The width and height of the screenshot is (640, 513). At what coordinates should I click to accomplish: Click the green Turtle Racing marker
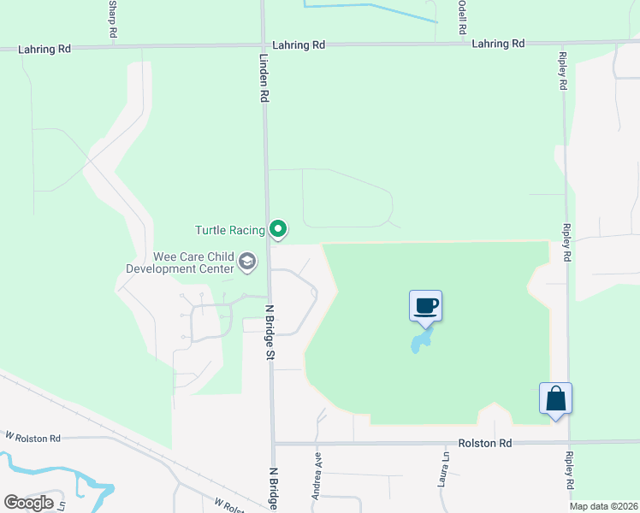(x=277, y=229)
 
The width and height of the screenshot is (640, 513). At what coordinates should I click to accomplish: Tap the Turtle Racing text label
(x=230, y=230)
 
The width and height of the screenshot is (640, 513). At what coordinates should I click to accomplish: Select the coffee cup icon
(x=426, y=305)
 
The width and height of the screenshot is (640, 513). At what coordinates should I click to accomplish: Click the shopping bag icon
(x=555, y=398)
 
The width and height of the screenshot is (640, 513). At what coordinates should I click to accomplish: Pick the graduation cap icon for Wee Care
(x=247, y=262)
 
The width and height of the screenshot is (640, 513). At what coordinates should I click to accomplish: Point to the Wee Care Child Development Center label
(x=181, y=262)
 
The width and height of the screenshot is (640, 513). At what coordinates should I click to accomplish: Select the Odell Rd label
(x=461, y=17)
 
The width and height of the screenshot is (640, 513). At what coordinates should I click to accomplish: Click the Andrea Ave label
(x=317, y=470)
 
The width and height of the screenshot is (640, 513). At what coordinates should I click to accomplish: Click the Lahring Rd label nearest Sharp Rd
(x=44, y=50)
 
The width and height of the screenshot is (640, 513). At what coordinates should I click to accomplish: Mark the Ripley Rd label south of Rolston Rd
(x=569, y=470)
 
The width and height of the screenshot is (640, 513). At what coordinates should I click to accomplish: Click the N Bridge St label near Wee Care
(x=270, y=332)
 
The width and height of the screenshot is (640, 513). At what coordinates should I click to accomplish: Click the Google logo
(x=28, y=503)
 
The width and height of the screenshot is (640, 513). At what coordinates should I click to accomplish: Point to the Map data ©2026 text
(x=602, y=506)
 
